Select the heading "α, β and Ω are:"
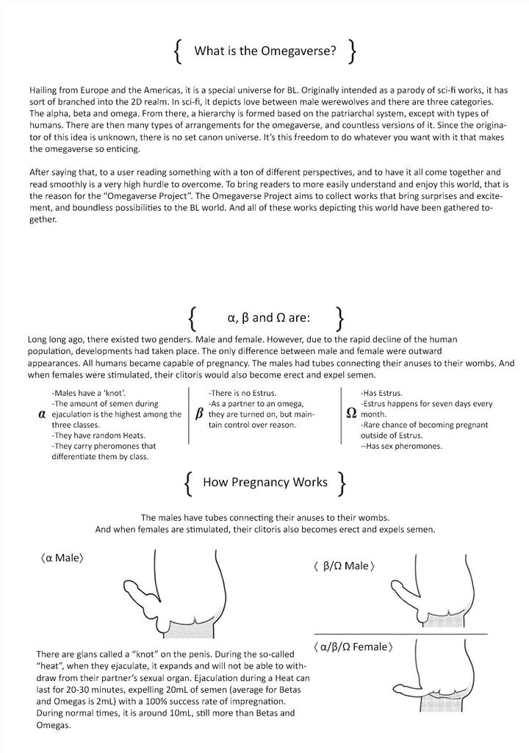pos(269,318)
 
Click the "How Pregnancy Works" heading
pos(264,482)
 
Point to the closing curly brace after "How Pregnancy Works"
pos(342,482)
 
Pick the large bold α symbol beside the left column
pos(41,414)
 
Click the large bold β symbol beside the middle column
pos(199,414)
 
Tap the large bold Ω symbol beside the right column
pos(352,414)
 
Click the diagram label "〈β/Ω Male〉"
pos(345,566)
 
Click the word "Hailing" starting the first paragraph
pos(43,88)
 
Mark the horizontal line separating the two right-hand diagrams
pos(400,633)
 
